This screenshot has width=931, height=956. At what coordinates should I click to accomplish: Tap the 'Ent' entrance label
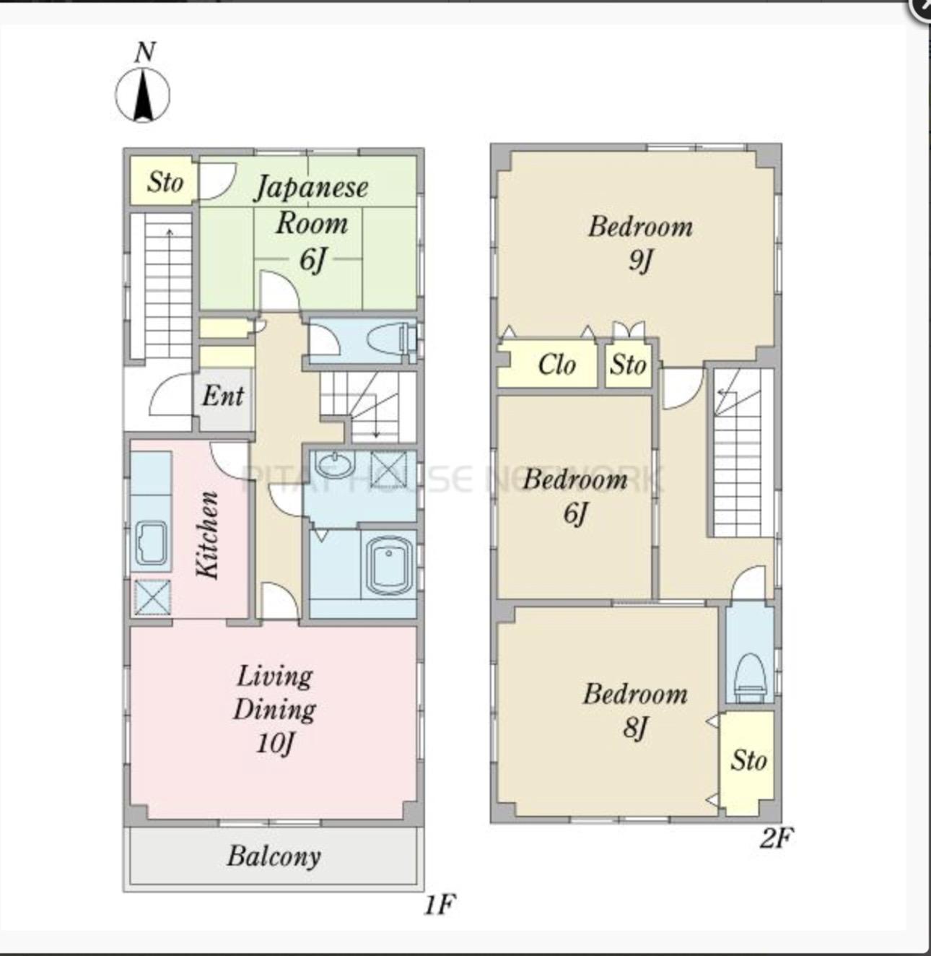(x=223, y=396)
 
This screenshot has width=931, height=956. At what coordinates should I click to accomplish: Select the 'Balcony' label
(x=274, y=857)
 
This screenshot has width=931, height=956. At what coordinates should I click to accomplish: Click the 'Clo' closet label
(x=557, y=365)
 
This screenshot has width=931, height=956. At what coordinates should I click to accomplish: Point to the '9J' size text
(x=640, y=261)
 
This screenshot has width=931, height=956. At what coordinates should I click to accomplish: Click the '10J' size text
(x=275, y=743)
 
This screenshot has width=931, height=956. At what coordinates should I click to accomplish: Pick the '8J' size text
(x=636, y=728)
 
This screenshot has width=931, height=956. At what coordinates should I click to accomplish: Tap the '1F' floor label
(x=440, y=905)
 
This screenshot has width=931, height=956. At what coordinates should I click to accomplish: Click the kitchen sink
(x=152, y=543)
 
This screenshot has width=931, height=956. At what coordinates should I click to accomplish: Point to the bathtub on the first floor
(x=389, y=565)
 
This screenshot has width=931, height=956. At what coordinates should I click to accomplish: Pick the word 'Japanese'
(x=311, y=188)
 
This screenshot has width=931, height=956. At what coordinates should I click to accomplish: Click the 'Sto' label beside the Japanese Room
(x=165, y=182)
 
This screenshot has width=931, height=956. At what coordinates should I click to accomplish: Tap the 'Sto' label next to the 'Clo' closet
(x=628, y=365)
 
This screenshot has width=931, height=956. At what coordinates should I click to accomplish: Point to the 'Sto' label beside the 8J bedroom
(x=748, y=760)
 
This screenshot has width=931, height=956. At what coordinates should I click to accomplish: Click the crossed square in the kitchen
(x=153, y=597)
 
